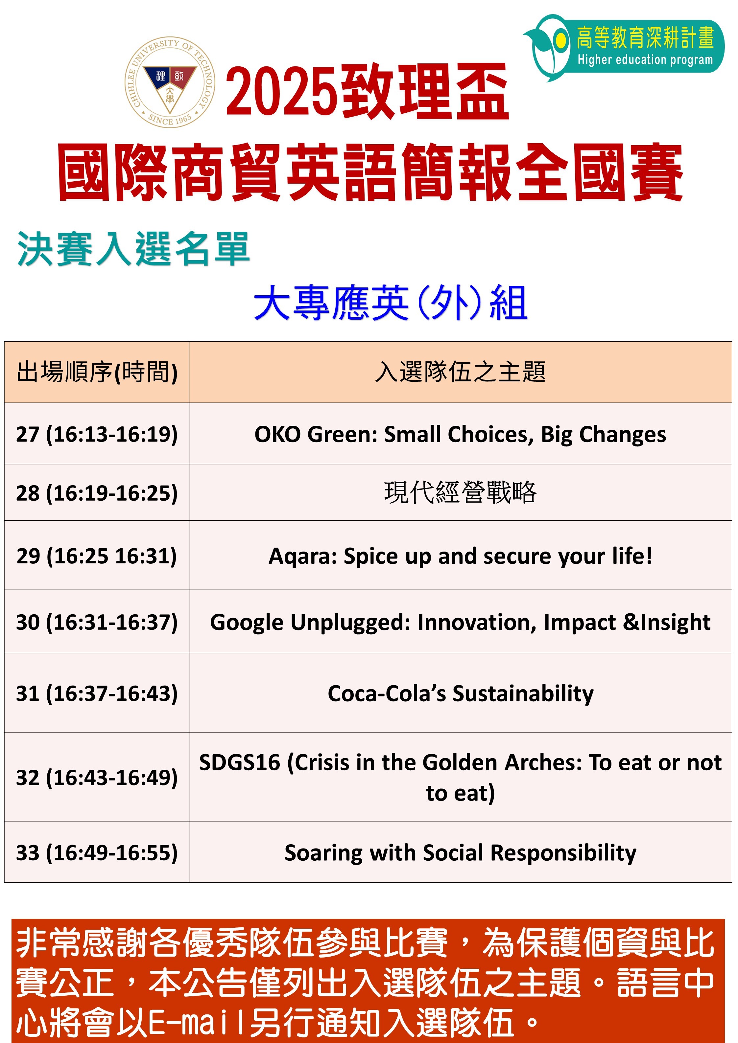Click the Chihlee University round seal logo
(x=170, y=82)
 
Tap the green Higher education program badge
(x=624, y=47)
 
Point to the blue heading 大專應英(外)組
(x=391, y=302)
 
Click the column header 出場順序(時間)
(x=97, y=373)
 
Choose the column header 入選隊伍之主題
(x=460, y=372)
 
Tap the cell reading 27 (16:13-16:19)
(x=97, y=434)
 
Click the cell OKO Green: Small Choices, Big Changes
(x=460, y=434)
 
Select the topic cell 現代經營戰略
(x=460, y=492)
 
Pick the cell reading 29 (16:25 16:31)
(x=97, y=556)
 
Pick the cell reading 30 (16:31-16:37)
(x=97, y=622)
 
